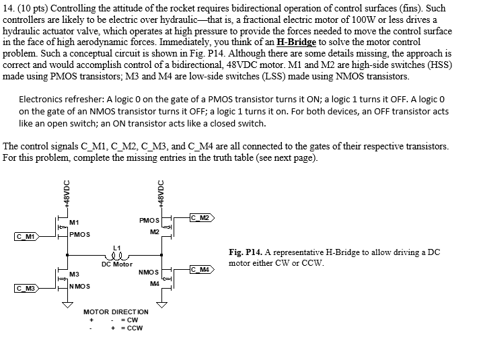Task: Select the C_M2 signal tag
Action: [201, 217]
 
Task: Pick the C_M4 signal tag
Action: [201, 270]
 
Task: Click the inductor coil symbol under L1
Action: [114, 256]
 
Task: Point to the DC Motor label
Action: [117, 264]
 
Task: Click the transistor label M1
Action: [74, 222]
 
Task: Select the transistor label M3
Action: [74, 275]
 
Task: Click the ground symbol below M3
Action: [66, 305]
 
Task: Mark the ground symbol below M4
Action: [161, 304]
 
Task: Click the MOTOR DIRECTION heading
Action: [116, 312]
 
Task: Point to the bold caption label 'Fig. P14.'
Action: [245, 252]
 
